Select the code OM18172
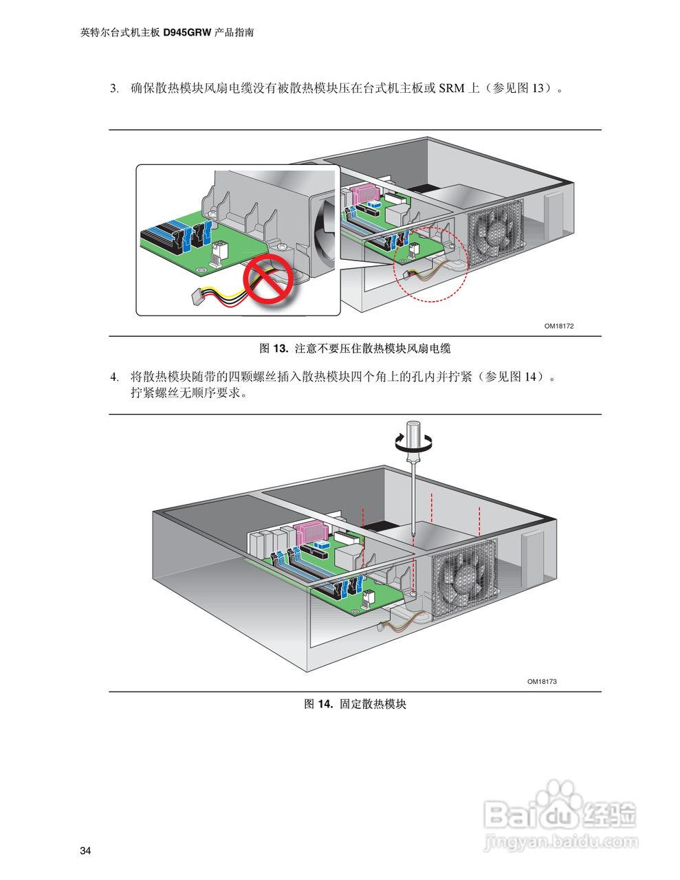[558, 326]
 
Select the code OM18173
[542, 681]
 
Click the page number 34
[85, 851]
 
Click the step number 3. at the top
[115, 89]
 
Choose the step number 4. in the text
[115, 377]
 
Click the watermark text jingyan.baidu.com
[560, 841]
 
